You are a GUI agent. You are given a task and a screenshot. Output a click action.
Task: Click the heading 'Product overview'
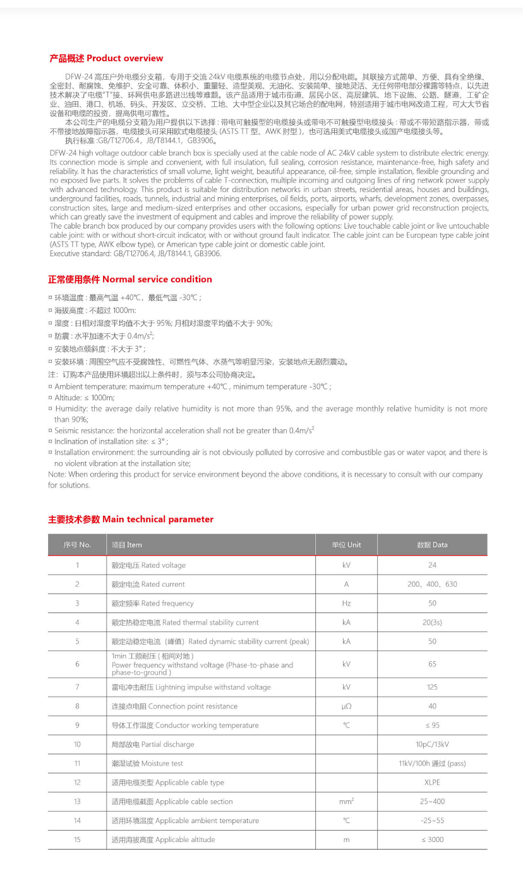106,58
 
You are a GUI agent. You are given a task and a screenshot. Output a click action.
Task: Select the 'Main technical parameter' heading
131,519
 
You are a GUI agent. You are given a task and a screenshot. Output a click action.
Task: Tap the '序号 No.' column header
77,545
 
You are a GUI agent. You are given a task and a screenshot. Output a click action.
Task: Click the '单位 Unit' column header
346,545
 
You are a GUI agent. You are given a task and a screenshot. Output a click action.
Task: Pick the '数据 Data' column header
432,545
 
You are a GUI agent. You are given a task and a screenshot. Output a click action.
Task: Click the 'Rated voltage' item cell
148,565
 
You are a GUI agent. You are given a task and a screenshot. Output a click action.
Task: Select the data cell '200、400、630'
432,584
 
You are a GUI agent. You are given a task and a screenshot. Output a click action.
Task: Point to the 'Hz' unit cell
346,603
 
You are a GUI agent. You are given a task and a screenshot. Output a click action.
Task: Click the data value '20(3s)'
432,622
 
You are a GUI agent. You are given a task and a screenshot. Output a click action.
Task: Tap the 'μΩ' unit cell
346,706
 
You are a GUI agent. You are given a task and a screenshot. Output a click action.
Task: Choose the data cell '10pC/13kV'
432,744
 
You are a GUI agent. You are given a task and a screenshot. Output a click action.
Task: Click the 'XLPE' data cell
432,782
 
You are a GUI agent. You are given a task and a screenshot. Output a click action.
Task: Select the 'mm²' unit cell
346,802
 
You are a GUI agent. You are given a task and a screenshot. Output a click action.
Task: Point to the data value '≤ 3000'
432,839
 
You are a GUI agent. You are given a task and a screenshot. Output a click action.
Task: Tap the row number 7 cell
77,687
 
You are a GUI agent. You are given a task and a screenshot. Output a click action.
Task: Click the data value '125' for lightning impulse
432,687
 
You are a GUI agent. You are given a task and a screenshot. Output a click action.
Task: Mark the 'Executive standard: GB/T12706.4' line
135,253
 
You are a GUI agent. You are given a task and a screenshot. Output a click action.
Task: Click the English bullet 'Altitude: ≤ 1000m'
84,398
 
